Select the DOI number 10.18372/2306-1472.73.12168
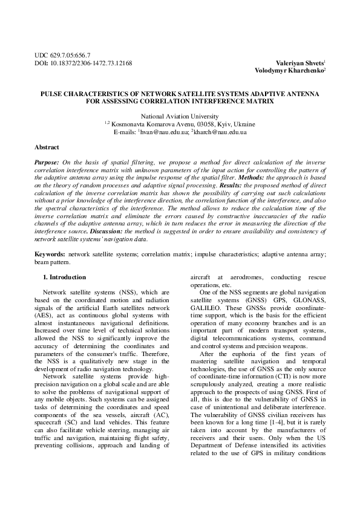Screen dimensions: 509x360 pyautogui.click(x=90, y=63)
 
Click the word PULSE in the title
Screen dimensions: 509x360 pyautogui.click(x=53, y=95)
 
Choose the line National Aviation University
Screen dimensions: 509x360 pyautogui.click(x=180, y=115)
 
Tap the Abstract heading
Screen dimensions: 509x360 pyautogui.click(x=47, y=148)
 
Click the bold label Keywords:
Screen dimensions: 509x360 pyautogui.click(x=50, y=254)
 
